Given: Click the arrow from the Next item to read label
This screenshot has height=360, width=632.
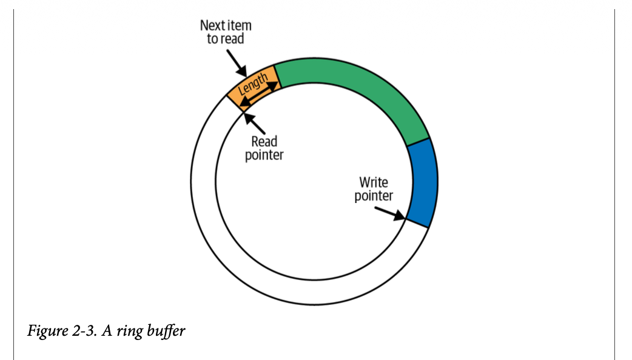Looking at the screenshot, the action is tap(237, 64).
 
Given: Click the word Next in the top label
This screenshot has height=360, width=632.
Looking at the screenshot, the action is tap(212, 27).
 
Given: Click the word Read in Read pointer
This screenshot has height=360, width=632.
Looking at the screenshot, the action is tap(264, 142).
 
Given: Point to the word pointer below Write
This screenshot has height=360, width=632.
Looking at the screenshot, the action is tap(374, 196).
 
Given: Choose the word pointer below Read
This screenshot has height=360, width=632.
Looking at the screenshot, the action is tap(264, 155).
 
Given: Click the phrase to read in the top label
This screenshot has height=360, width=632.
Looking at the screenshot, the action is tap(226, 41).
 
